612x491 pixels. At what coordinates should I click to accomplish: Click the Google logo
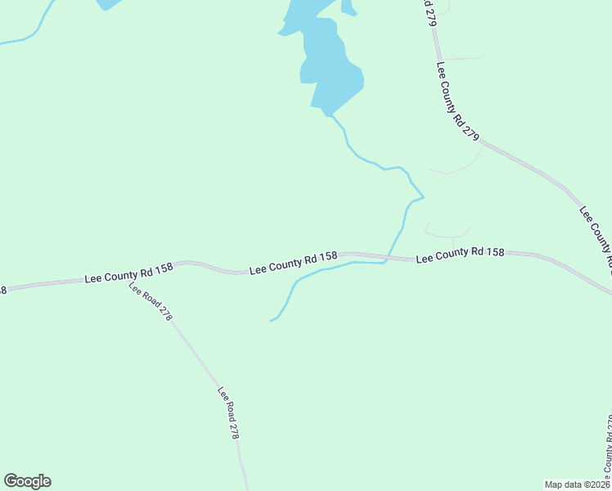tap(27, 481)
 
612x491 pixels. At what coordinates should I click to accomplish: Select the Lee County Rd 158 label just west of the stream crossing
tap(293, 263)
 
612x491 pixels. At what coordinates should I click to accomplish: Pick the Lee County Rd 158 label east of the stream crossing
tap(459, 255)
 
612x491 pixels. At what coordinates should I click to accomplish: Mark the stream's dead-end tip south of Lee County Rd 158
tap(272, 320)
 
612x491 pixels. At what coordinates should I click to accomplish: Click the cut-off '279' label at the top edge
tap(430, 11)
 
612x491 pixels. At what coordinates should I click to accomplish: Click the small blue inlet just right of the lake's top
tap(348, 9)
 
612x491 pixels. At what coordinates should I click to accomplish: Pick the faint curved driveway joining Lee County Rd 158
tap(449, 233)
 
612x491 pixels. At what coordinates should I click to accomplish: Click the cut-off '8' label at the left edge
tap(2, 290)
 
